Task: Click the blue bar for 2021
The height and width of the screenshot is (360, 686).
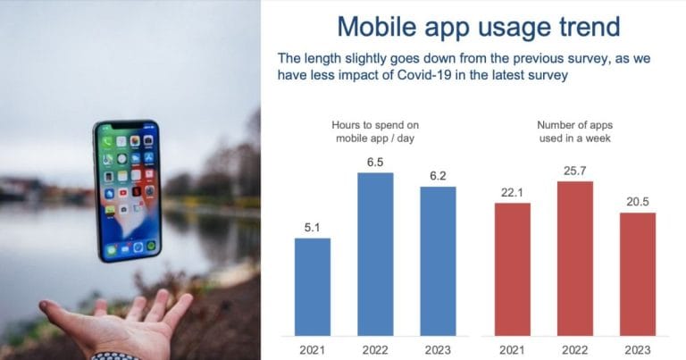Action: [313, 287]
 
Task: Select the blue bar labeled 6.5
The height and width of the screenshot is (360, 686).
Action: [375, 254]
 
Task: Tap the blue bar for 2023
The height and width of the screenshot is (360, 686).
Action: [438, 261]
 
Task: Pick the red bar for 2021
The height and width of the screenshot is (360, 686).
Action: [513, 270]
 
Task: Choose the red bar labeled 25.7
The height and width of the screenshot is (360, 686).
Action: [575, 258]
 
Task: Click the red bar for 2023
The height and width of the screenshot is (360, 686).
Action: [638, 274]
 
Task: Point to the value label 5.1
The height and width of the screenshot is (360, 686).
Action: [312, 228]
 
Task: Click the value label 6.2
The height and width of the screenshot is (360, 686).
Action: [438, 176]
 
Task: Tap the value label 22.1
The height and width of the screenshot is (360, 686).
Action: [512, 192]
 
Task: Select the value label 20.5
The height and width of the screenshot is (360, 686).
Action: [638, 202]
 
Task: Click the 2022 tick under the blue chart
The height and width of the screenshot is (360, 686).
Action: [375, 350]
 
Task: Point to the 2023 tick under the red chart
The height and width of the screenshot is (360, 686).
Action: [638, 350]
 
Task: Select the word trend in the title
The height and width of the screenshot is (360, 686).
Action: [590, 27]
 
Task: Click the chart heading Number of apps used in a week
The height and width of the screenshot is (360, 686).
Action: [574, 131]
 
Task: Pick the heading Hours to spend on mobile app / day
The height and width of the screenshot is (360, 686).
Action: [375, 131]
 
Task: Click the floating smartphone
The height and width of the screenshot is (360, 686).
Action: [128, 191]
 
